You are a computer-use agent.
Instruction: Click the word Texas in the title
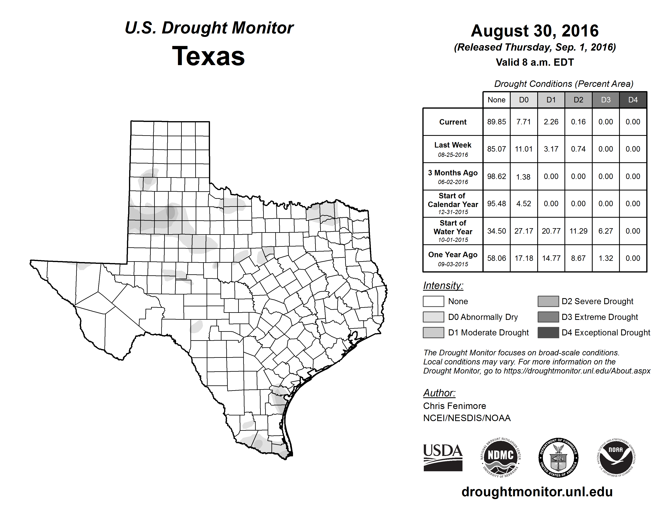(209, 56)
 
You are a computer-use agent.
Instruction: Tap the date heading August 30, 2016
(535, 31)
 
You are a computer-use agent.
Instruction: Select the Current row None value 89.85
(496, 122)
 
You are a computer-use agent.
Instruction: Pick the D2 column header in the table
(578, 100)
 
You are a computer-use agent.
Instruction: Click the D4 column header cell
(633, 100)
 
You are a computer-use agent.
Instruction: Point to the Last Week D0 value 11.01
(524, 149)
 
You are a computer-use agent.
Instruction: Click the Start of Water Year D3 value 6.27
(606, 231)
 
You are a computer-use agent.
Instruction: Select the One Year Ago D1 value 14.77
(551, 258)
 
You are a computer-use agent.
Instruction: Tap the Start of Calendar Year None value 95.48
(496, 204)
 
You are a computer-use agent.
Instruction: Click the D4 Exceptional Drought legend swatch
(548, 333)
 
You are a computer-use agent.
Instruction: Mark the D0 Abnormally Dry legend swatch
(433, 317)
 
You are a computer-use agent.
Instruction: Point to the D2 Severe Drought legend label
(597, 302)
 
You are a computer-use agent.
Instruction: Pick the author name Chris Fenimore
(455, 406)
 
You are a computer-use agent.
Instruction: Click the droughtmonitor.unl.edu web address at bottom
(537, 492)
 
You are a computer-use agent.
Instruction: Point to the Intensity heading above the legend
(443, 286)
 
